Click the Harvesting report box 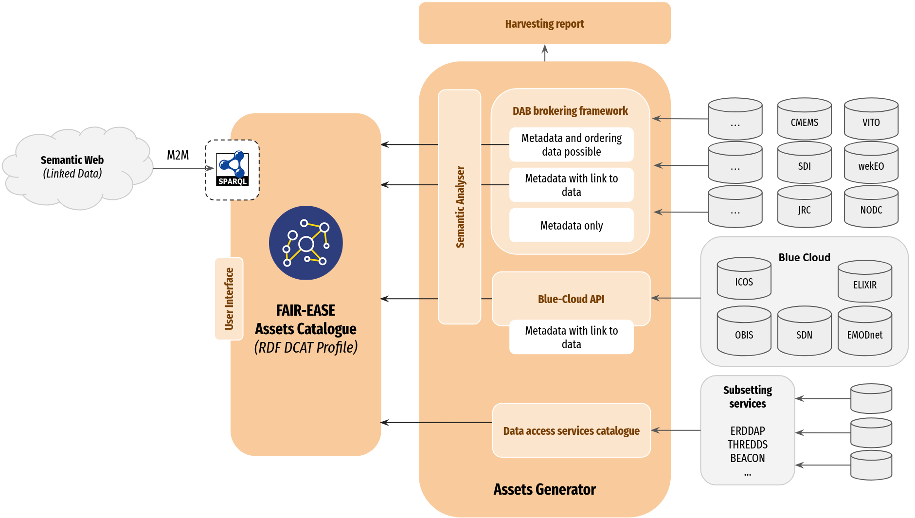point(544,23)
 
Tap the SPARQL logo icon point(233,169)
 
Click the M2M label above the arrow point(178,155)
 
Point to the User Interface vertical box point(229,299)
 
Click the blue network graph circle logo point(305,243)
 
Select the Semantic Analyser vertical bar point(460,207)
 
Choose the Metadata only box point(571,225)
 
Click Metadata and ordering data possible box point(571,144)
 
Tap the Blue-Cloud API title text point(571,299)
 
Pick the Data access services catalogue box point(571,430)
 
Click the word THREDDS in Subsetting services point(747,445)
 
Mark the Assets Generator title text point(544,489)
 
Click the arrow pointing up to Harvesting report point(545,53)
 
